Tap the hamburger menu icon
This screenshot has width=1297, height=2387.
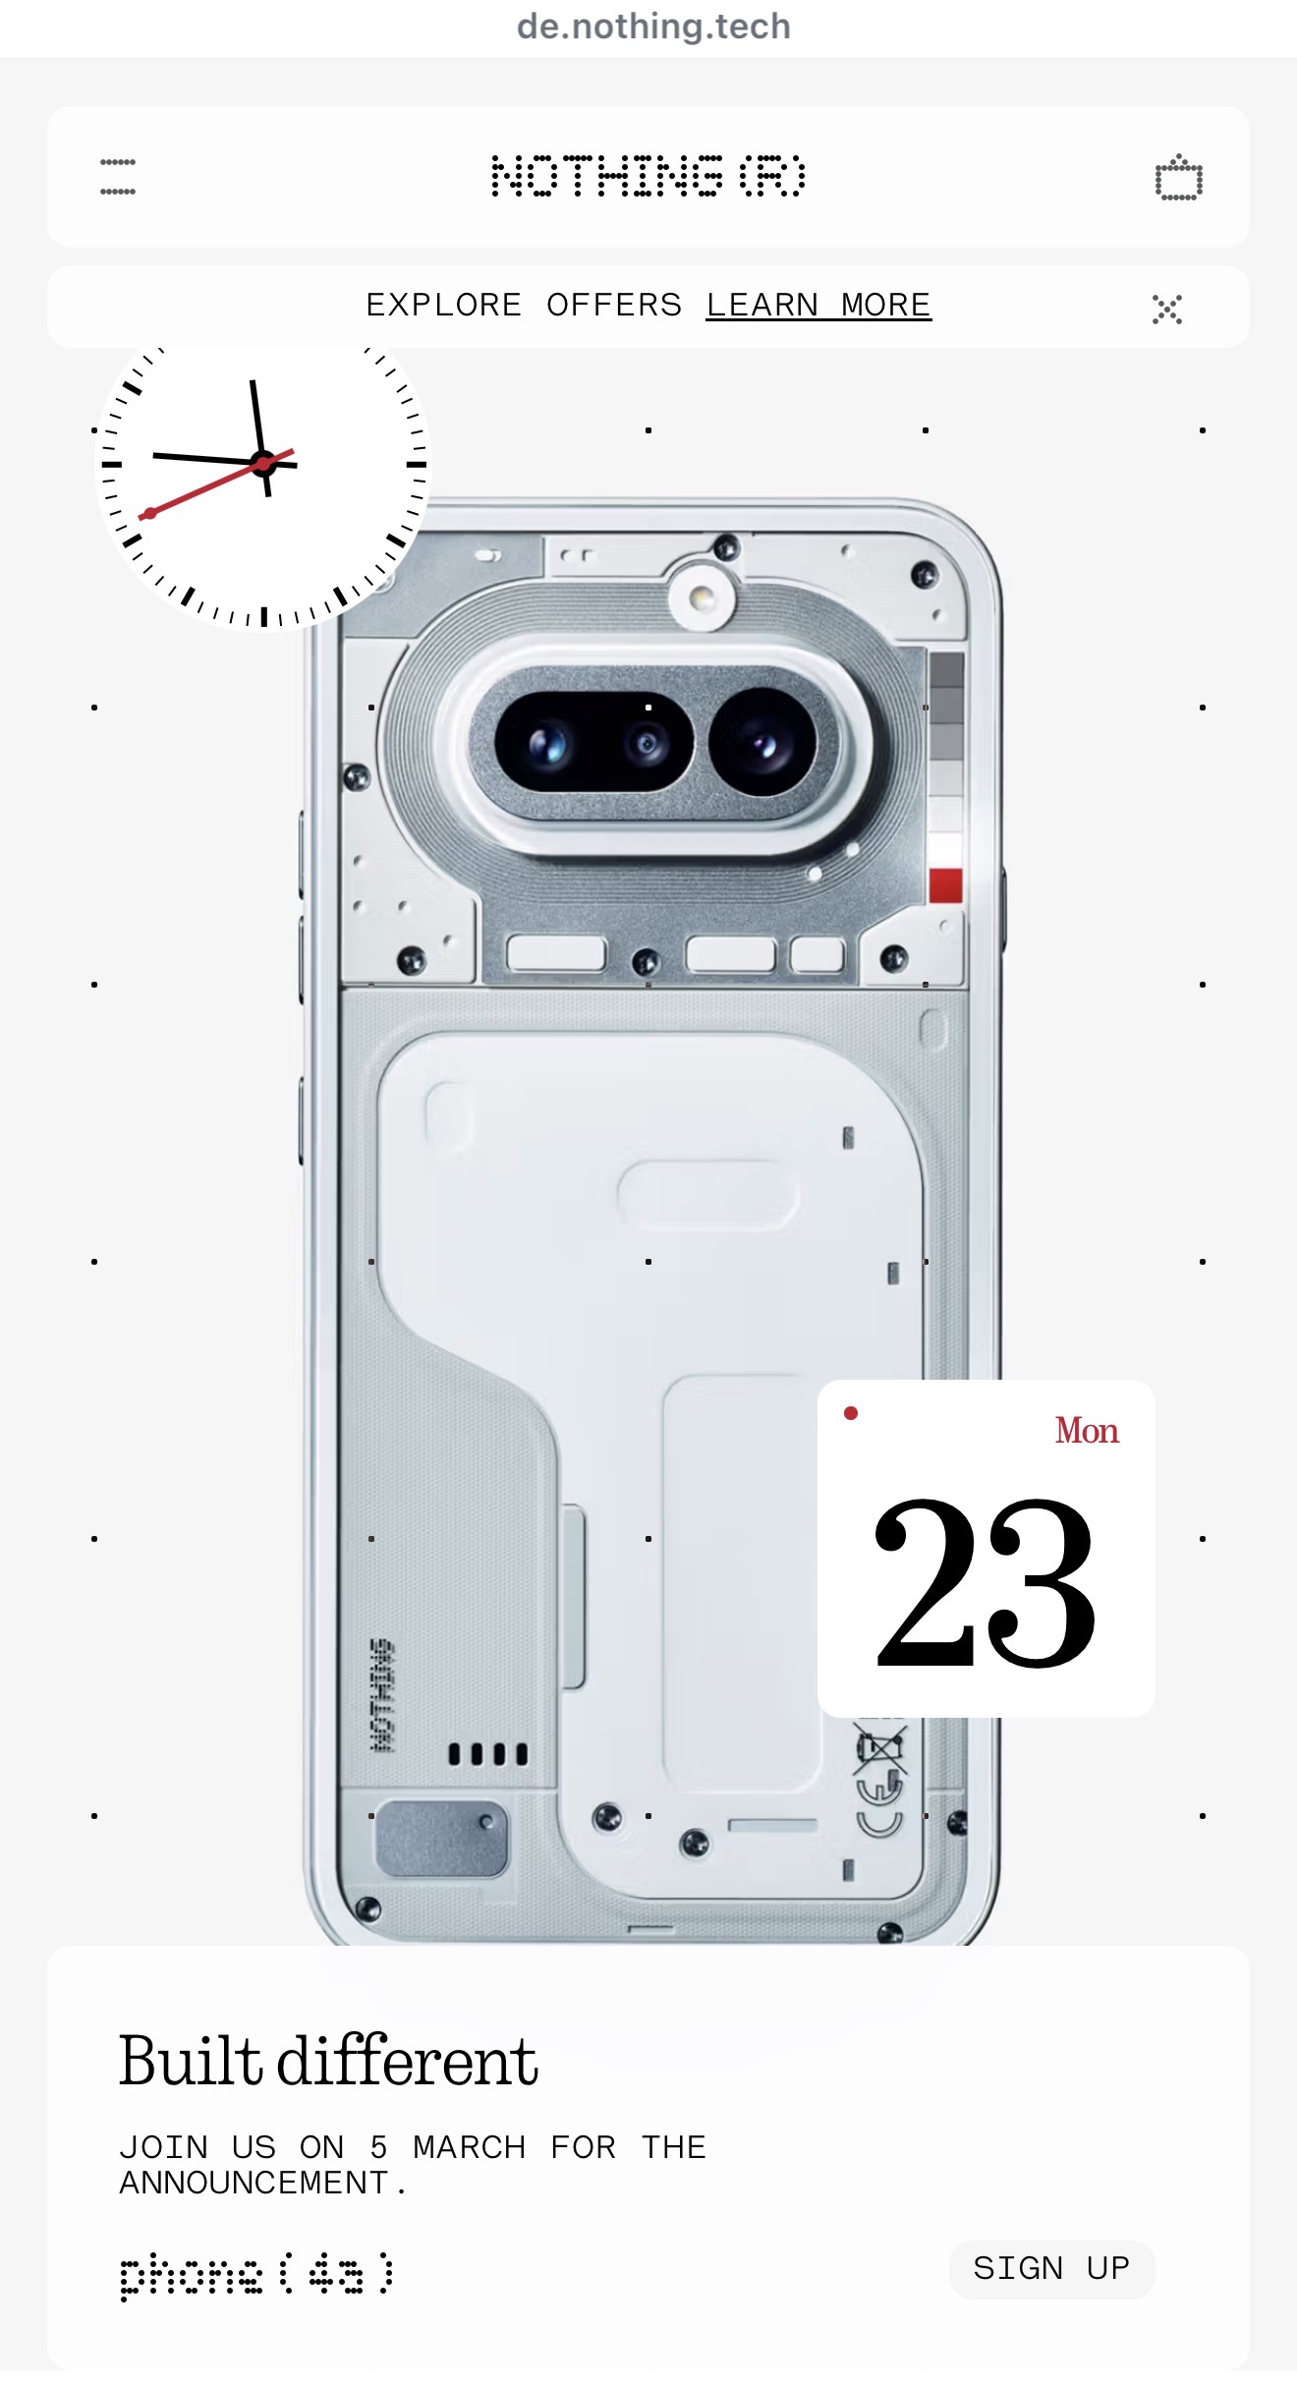click(x=118, y=177)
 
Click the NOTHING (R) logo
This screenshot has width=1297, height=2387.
click(x=648, y=177)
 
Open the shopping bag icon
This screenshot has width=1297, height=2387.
click(x=1178, y=179)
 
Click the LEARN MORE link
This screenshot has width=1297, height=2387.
click(x=818, y=306)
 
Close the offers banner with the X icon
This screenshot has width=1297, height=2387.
click(x=1166, y=309)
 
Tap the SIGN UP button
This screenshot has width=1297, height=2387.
click(x=1050, y=2268)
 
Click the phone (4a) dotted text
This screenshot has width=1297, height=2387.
click(x=256, y=2274)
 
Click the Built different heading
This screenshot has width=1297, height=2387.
click(x=328, y=2062)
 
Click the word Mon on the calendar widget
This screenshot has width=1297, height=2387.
click(x=1087, y=1431)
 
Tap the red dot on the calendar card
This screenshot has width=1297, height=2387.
click(x=851, y=1413)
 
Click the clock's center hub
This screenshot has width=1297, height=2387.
click(x=263, y=463)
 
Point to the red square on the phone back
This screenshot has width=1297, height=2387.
click(x=945, y=885)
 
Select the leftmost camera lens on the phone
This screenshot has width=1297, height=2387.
click(x=546, y=744)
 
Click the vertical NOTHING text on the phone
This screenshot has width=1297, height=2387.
click(x=381, y=1695)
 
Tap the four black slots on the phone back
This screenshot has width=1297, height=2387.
click(x=488, y=1754)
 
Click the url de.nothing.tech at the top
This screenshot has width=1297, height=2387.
click(x=653, y=27)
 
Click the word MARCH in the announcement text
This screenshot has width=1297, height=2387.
click(x=469, y=2147)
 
